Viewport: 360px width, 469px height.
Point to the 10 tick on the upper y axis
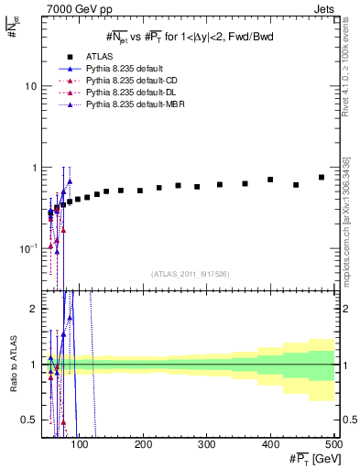tap(29, 86)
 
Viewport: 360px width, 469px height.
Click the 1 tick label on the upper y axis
tap(33, 168)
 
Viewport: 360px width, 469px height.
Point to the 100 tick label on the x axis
tap(80, 445)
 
